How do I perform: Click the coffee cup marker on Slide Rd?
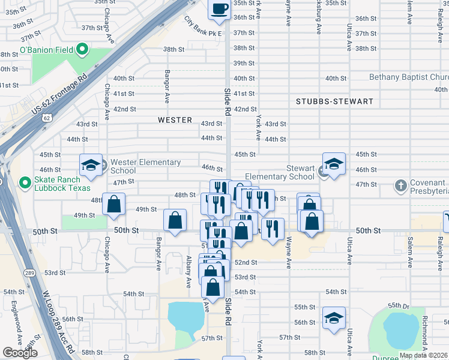pyautogui.click(x=218, y=10)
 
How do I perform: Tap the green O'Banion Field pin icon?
pyautogui.click(x=83, y=50)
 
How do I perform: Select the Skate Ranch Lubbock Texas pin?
pyautogui.click(x=25, y=182)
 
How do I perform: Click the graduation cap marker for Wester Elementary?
pyautogui.click(x=91, y=166)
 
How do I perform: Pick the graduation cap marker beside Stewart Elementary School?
pyautogui.click(x=334, y=164)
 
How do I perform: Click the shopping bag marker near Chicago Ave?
pyautogui.click(x=113, y=205)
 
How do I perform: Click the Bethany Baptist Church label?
pyautogui.click(x=408, y=77)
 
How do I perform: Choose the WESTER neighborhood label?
pyautogui.click(x=175, y=120)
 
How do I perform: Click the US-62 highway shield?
pyautogui.click(x=46, y=118)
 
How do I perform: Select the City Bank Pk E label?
pyautogui.click(x=203, y=26)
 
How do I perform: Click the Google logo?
pyautogui.click(x=20, y=353)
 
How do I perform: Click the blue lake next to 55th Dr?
pyautogui.click(x=400, y=330)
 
